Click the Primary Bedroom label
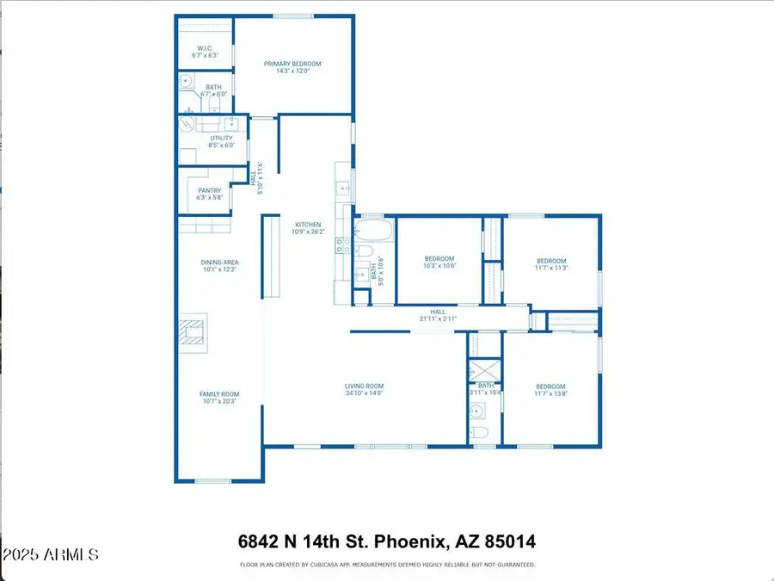(x=292, y=64)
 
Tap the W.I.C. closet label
(x=205, y=48)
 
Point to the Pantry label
(x=210, y=191)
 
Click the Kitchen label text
(x=307, y=225)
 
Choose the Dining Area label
(x=219, y=262)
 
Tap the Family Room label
(x=219, y=394)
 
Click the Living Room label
(x=365, y=386)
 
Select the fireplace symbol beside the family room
(x=193, y=333)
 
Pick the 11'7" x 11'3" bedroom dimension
(x=551, y=268)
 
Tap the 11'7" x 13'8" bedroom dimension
(x=551, y=393)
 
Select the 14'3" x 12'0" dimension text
(x=292, y=71)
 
